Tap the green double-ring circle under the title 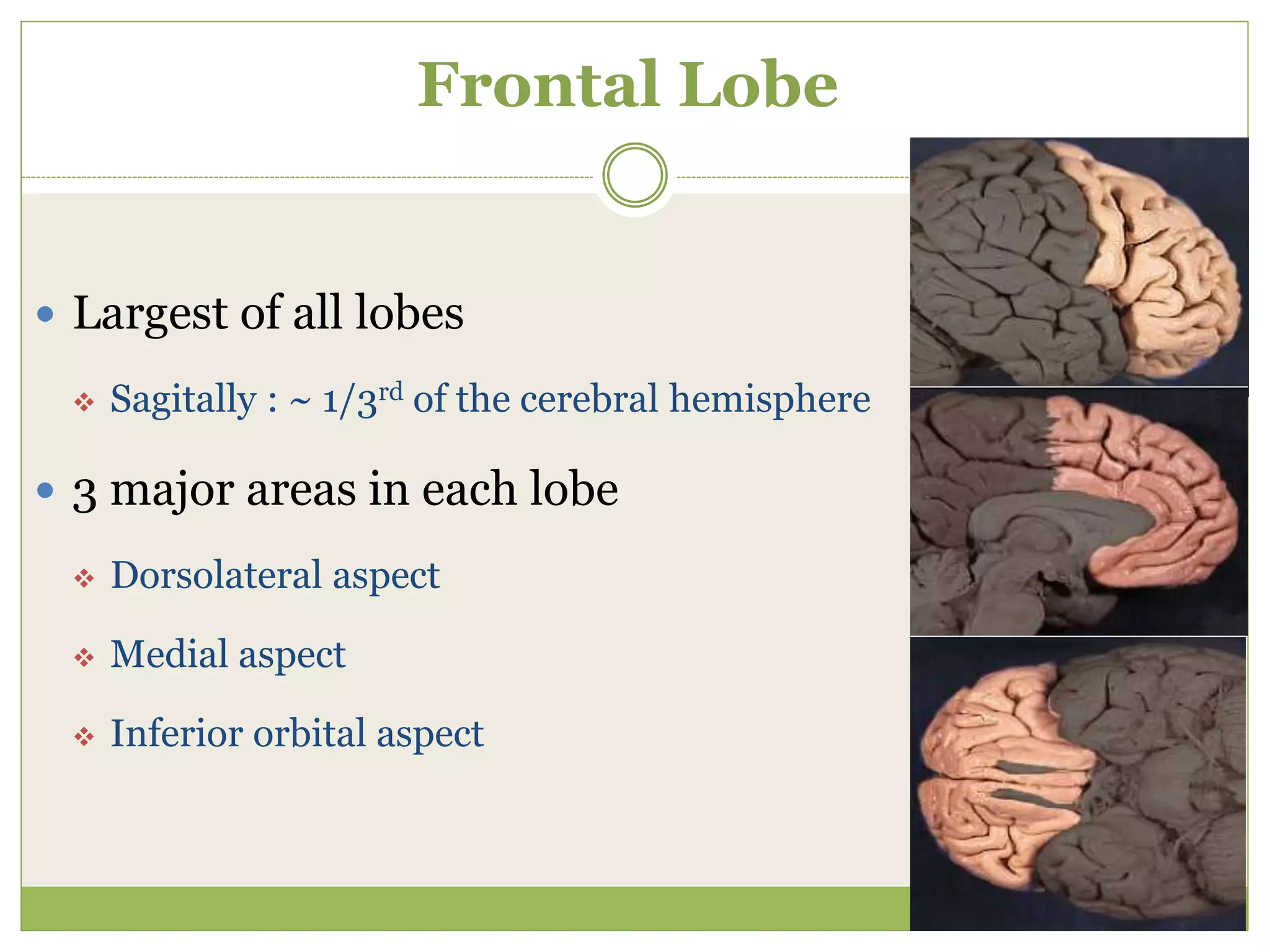634,175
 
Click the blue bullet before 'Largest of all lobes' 45,314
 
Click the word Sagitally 183,399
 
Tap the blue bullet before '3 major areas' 45,491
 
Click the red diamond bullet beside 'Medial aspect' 84,657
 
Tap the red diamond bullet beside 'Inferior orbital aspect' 84,736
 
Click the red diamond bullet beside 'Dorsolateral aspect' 84,578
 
